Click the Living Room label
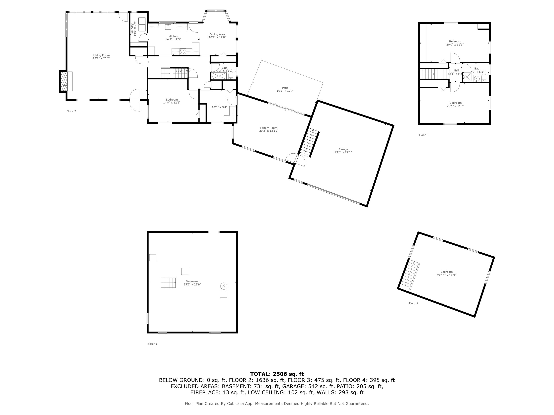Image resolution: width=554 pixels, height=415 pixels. (x=101, y=55)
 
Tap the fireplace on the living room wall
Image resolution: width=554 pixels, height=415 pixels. (x=65, y=81)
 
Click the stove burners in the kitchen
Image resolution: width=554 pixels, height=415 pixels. (x=183, y=52)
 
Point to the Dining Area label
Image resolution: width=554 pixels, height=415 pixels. (x=217, y=34)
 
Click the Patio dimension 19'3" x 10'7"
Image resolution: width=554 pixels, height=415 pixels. (x=285, y=91)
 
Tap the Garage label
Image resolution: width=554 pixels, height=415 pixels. (x=343, y=149)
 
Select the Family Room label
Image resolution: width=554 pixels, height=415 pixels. (x=269, y=128)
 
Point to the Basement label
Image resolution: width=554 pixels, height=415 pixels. (x=192, y=281)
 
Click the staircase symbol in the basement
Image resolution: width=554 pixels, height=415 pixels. (x=168, y=283)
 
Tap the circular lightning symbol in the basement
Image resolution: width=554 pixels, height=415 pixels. (x=223, y=286)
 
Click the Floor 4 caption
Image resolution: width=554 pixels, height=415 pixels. (x=414, y=303)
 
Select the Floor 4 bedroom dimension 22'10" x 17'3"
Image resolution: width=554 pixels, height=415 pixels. (x=446, y=275)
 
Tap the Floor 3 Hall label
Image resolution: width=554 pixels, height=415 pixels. (x=456, y=71)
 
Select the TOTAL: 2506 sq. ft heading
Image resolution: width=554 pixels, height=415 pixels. (x=277, y=374)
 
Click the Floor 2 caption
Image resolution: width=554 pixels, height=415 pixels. (x=71, y=111)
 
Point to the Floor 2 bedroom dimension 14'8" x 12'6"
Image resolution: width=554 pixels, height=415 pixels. (x=172, y=102)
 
